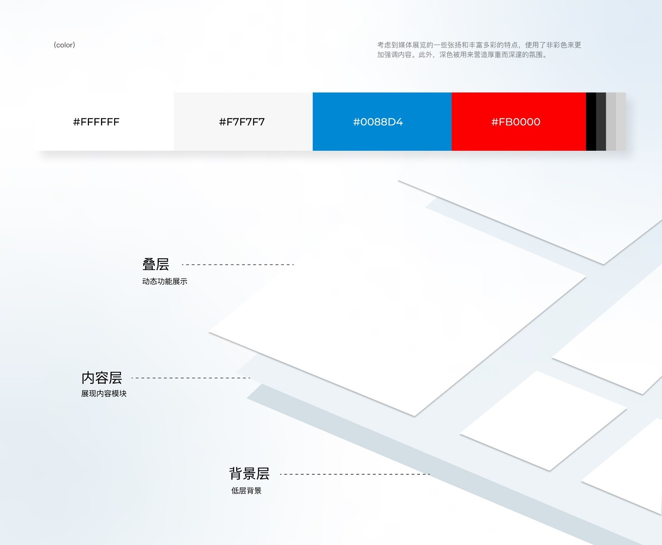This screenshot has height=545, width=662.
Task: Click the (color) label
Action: pos(64,45)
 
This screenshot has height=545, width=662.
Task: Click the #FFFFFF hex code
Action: pos(96,122)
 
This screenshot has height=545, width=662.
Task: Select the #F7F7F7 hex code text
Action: pos(242,122)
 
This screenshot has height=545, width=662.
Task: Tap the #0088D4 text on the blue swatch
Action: pos(378,122)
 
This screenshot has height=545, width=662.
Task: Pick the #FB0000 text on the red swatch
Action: pos(516,122)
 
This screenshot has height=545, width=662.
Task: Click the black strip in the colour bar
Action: pos(591,122)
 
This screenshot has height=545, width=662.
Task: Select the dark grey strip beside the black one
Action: pos(601,122)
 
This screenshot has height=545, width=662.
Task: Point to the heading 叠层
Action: pos(156,264)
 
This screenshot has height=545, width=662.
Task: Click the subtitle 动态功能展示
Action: pos(165,282)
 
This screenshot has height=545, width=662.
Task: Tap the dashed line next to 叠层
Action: pos(238,265)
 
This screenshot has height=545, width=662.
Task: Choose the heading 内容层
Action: pos(102,378)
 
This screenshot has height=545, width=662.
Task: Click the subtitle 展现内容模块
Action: pos(104,393)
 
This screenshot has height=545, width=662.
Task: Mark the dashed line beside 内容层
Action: pos(191,378)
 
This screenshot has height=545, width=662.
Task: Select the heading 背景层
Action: pos(249,473)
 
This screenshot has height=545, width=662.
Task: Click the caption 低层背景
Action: pos(246,491)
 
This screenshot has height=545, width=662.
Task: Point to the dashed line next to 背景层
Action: pos(355,474)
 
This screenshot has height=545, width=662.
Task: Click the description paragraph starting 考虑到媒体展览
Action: pos(479,45)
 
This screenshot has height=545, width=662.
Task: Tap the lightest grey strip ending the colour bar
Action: pos(621,122)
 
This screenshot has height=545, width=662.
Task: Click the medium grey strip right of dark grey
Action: pos(611,122)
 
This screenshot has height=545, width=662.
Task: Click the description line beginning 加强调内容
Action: pos(462,55)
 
